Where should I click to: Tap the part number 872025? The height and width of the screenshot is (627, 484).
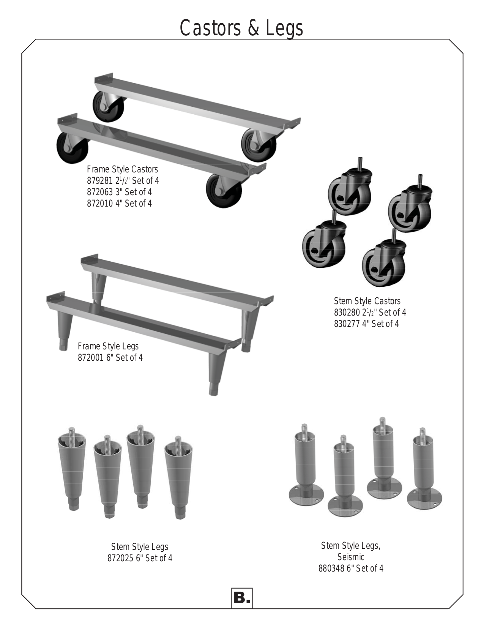click(120, 558)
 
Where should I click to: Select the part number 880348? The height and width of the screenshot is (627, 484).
click(331, 569)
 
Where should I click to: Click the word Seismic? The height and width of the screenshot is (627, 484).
click(351, 557)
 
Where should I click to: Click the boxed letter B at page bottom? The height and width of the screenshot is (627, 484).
click(242, 599)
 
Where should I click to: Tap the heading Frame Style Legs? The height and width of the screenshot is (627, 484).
click(108, 346)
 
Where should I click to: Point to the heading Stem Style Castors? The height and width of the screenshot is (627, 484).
click(367, 301)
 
